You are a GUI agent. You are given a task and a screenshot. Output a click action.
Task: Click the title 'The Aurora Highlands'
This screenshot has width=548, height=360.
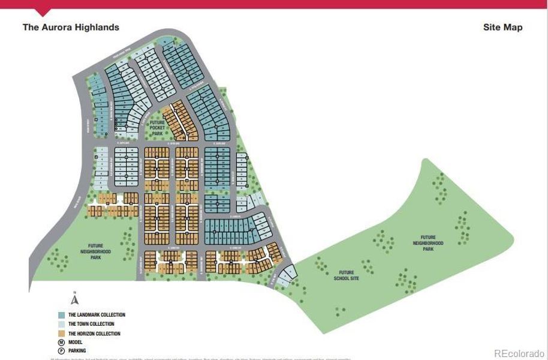(x=71, y=27)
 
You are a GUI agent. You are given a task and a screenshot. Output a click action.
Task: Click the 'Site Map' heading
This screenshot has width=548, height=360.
(x=502, y=27)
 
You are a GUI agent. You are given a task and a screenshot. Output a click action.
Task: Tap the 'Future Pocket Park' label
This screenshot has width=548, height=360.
(x=157, y=128)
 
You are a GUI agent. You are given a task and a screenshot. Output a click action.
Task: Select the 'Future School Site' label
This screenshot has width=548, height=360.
(x=346, y=275)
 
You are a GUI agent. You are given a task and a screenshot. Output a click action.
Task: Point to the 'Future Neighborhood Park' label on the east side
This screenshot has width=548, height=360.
(x=428, y=243)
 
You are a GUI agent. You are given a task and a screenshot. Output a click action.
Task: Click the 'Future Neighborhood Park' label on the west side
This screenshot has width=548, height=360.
(x=96, y=251)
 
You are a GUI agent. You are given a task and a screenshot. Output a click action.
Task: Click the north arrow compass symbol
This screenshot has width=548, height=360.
(x=74, y=299)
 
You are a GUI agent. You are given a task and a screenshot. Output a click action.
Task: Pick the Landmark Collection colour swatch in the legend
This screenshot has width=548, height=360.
(x=61, y=315)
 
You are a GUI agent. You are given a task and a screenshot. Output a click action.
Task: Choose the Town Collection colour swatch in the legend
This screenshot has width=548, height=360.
(x=61, y=324)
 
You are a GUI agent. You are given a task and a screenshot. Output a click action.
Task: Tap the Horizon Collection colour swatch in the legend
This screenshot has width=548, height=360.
(x=61, y=334)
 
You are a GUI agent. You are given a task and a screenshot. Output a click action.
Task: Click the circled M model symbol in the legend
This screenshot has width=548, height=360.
(x=61, y=342)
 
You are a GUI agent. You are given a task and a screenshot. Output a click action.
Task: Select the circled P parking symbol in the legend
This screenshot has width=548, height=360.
(x=61, y=350)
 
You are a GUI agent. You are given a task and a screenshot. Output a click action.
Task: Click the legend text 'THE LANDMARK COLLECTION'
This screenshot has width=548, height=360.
(x=97, y=315)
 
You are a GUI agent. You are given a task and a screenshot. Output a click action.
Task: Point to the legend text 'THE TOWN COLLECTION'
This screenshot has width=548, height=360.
(x=91, y=324)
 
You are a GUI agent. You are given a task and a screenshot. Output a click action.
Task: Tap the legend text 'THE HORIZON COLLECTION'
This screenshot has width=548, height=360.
(x=94, y=334)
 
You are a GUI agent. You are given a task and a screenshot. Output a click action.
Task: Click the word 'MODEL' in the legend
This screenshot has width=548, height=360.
(x=76, y=342)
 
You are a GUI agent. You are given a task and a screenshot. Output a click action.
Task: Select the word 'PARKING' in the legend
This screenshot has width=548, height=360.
(x=77, y=350)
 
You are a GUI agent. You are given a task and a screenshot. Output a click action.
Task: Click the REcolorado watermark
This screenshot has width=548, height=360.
(x=519, y=353)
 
